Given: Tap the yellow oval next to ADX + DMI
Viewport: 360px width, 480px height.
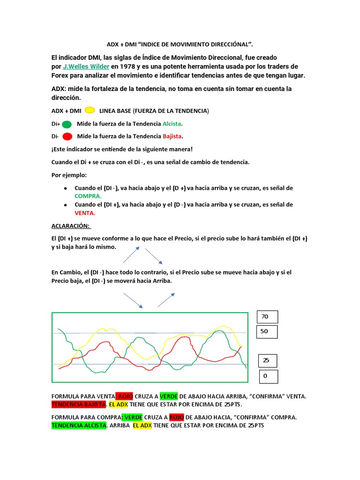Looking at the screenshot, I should point(90,110).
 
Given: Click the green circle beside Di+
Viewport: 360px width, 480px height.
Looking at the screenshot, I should point(67,124).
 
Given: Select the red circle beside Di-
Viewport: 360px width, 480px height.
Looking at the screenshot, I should point(67,137).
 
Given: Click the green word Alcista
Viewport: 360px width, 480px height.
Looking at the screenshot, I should point(172,124).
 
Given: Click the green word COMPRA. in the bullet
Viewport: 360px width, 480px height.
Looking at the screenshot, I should point(88,196).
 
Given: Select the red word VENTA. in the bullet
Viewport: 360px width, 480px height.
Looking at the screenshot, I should point(85,213).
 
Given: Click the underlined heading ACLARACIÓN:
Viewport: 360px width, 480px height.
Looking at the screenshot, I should point(71,226).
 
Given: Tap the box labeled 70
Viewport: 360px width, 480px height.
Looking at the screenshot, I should point(267,317).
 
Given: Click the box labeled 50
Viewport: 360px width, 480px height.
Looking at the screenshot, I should point(267,331).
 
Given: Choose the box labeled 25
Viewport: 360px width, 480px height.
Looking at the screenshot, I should point(267,360).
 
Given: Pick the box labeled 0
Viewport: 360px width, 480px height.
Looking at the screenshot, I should point(268,376).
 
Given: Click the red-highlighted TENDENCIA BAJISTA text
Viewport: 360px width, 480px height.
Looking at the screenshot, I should point(79,404).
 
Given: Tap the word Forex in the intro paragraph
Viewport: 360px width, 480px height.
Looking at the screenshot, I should point(60,75).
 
